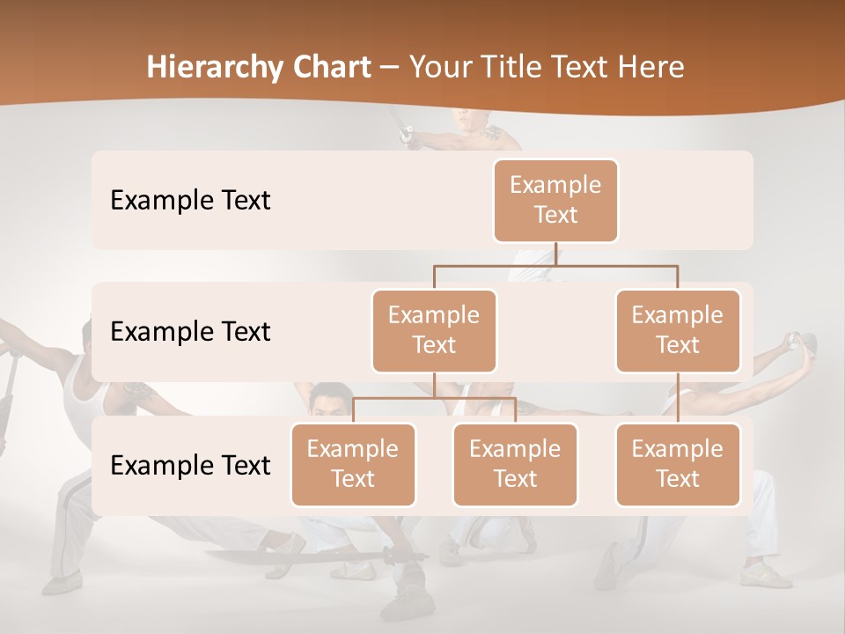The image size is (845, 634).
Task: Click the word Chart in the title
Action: pos(332,68)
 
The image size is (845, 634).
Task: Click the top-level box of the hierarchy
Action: pos(555,200)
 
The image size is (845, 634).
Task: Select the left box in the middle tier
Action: pos(434,330)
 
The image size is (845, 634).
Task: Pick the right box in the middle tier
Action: pos(678,330)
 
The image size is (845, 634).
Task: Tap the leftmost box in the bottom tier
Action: pos(353,464)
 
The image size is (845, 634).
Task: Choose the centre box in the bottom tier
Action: pos(515,464)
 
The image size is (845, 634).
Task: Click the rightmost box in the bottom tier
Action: pos(678,464)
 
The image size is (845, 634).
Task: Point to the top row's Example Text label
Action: pos(190,201)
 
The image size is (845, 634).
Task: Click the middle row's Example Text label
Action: pos(190,332)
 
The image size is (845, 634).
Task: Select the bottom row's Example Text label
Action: pos(190,466)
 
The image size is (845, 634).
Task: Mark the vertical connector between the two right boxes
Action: pos(678,398)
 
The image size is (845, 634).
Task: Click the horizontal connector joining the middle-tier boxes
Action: pos(555,265)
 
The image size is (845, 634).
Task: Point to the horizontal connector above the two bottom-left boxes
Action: pos(434,398)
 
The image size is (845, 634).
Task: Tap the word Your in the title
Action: pos(443,68)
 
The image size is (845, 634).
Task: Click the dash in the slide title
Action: pos(390,68)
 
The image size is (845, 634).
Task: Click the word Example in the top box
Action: pos(555,185)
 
